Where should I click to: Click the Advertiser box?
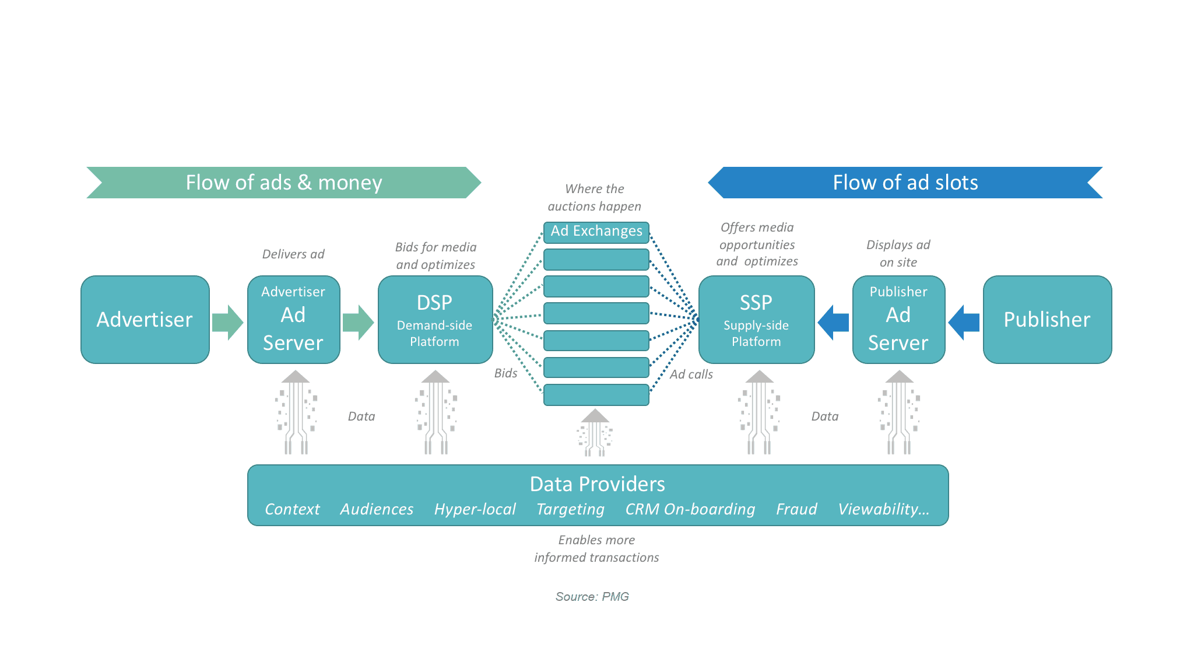pos(145,320)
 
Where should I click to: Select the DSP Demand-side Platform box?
pos(435,320)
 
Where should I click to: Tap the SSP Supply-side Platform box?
pos(756,320)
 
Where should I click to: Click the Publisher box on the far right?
pos(1047,320)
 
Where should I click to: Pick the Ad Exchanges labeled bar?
pos(596,232)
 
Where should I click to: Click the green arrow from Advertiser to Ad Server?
pos(227,322)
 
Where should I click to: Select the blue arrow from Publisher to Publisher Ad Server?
pos(964,322)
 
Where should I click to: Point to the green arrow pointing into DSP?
pos(358,322)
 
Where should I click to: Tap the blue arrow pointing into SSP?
pos(834,322)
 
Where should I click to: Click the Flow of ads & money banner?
pos(283,183)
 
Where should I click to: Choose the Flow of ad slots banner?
pos(905,183)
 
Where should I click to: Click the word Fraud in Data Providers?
pos(796,509)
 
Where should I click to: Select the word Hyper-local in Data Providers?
pos(475,509)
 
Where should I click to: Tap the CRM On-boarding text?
pos(690,509)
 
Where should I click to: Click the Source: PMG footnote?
pos(592,596)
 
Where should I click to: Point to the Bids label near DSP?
pos(505,373)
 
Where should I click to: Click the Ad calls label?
pos(691,374)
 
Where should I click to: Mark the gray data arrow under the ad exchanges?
pos(595,433)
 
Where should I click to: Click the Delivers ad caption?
pos(293,254)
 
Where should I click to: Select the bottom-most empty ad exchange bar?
pos(596,395)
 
